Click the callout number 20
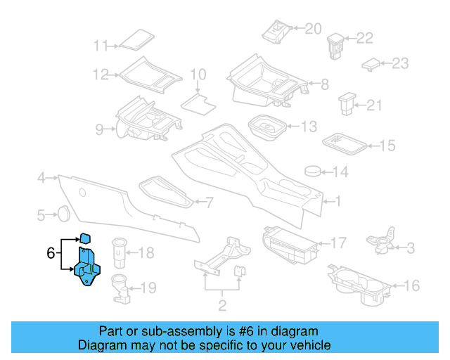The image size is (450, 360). [313, 29]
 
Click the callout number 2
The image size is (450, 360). [222, 307]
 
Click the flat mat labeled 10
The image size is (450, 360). [197, 102]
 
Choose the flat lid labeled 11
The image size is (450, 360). [134, 39]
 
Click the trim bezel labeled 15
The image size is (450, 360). [344, 143]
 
